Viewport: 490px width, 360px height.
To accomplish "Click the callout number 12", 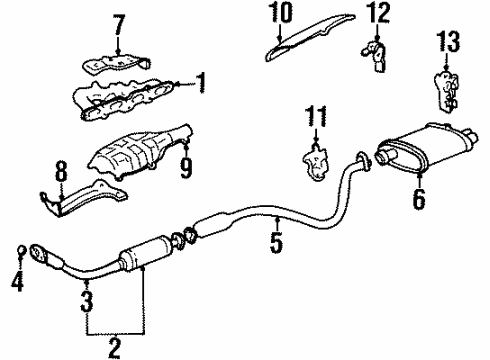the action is point(375,13).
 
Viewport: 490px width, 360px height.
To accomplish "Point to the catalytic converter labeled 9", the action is point(140,151).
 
